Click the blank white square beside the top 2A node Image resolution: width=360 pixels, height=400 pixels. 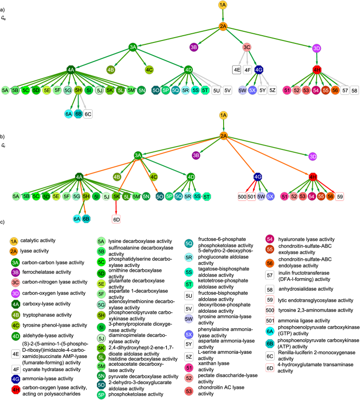tap(237, 22)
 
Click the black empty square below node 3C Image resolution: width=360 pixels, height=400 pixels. tap(236, 70)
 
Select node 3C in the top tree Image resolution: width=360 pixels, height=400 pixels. tap(247, 47)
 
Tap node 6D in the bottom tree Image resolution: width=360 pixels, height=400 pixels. tap(116, 219)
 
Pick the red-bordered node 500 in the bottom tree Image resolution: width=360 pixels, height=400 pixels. tap(242, 196)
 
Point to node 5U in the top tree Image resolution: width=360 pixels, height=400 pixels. tap(216, 90)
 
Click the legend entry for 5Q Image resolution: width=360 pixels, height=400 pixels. tap(189, 244)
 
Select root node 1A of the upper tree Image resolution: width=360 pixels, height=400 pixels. tap(223, 5)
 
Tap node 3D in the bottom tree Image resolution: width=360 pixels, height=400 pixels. tap(313, 156)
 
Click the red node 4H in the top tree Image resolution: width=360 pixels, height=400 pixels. tap(317, 70)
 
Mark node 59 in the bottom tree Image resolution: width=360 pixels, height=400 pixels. tap(340, 196)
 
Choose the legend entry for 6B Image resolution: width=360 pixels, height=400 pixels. tap(270, 344)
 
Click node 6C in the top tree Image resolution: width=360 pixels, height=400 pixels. tap(88, 114)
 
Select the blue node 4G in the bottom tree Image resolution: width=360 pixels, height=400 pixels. tap(258, 177)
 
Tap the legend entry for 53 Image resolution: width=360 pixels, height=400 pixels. tap(189, 391)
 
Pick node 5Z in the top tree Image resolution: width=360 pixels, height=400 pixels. tap(272, 90)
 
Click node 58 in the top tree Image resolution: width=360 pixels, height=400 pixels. tap(354, 90)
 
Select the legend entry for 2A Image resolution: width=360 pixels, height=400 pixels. tap(13, 251)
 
